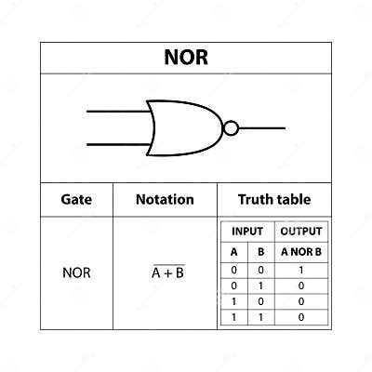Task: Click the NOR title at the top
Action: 186,58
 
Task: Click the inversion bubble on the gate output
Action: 231,127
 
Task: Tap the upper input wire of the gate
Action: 116,112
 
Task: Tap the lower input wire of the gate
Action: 116,144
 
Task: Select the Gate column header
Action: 76,199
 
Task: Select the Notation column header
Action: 165,199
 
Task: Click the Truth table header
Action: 273,199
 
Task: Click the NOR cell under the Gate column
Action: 76,272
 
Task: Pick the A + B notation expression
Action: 167,272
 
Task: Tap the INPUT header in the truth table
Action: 247,232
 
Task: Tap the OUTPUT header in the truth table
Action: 300,232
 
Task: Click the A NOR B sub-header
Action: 300,251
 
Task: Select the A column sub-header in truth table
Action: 233,251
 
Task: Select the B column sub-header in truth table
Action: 260,251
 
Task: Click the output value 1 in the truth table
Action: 300,269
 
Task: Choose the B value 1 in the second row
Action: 260,285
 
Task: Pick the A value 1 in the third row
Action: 233,300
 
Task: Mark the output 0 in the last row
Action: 300,316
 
